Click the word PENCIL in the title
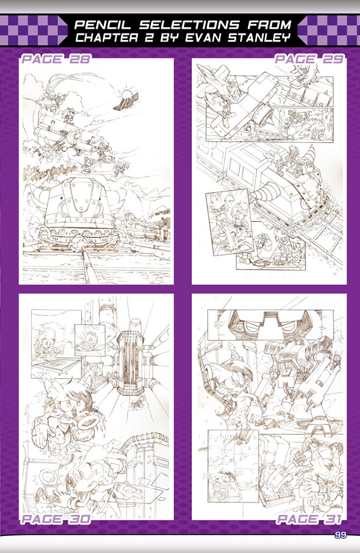pos(104,24)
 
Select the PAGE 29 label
pos(308,59)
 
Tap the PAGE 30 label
pos(56,519)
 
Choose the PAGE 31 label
pos(309,519)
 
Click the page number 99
pos(340,535)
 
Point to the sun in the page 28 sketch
pos(126,94)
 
